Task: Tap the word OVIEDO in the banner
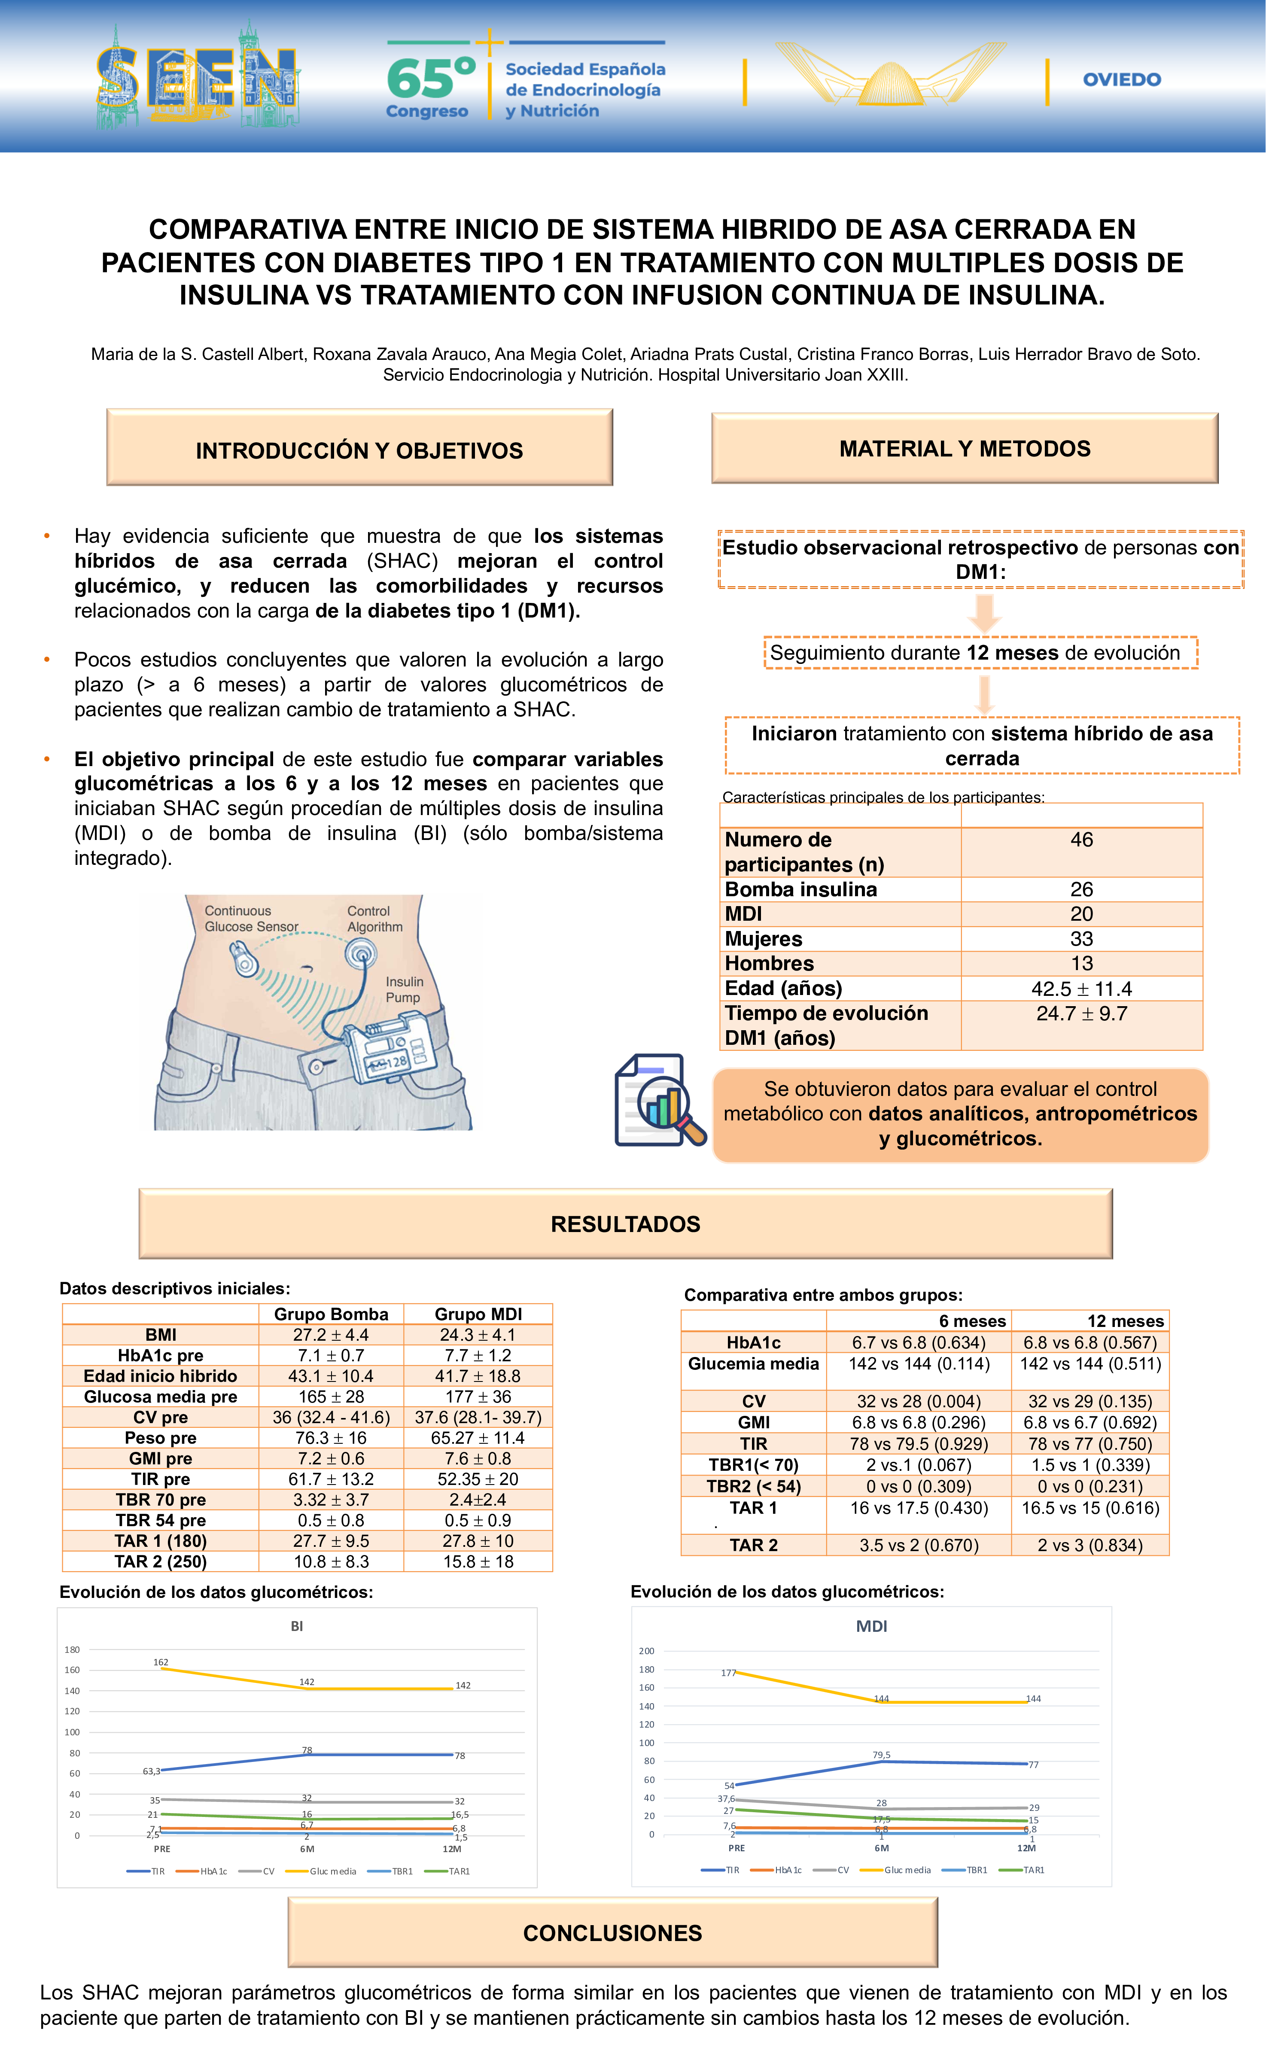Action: [1122, 80]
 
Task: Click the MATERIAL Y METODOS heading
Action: [965, 448]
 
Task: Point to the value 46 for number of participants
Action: [1081, 840]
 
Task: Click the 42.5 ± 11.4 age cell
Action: [1081, 988]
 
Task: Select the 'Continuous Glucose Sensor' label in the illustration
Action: [251, 919]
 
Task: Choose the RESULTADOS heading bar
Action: [625, 1223]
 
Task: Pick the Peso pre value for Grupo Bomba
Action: [331, 1438]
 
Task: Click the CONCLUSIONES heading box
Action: [613, 1933]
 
